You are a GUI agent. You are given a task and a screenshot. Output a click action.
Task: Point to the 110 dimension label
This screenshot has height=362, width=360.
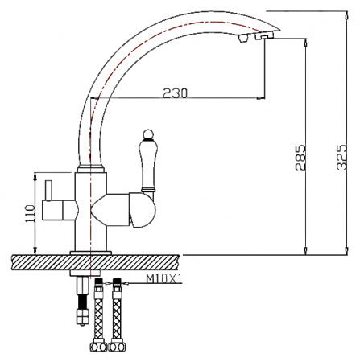tap(30, 213)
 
